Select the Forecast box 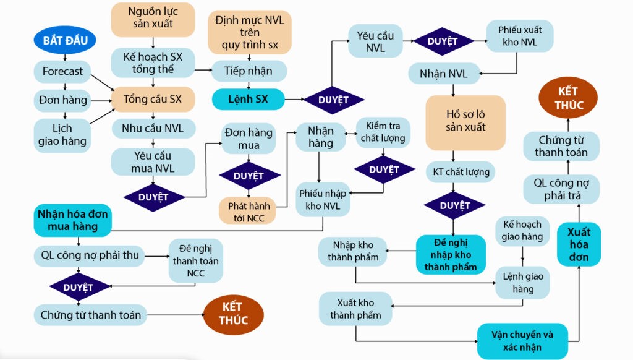coord(62,71)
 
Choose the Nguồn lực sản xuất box coord(153,19)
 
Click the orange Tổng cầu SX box coord(153,99)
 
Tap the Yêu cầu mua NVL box coord(153,161)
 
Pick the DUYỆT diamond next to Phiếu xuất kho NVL coord(443,41)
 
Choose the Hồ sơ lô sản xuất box coord(465,121)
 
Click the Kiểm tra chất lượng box coord(384,132)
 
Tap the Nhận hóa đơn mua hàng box coord(72,220)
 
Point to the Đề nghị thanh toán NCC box coord(195,260)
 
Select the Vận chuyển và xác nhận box coord(522,341)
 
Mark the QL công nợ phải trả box coord(561,189)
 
